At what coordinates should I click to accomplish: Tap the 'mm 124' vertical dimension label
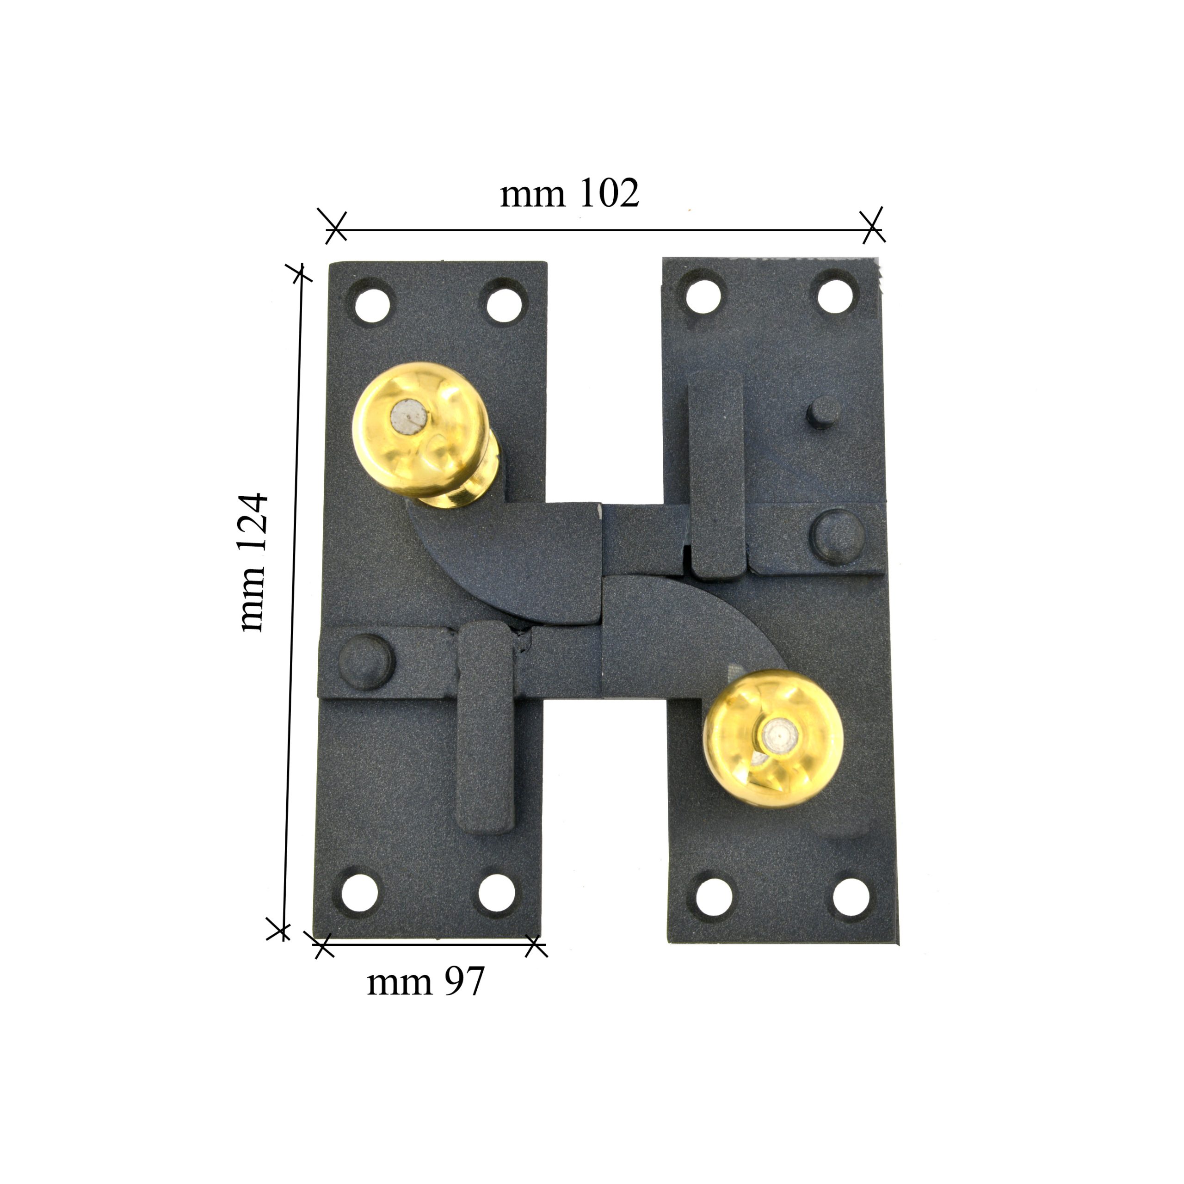(x=253, y=562)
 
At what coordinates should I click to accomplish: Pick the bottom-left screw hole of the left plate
(x=359, y=892)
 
